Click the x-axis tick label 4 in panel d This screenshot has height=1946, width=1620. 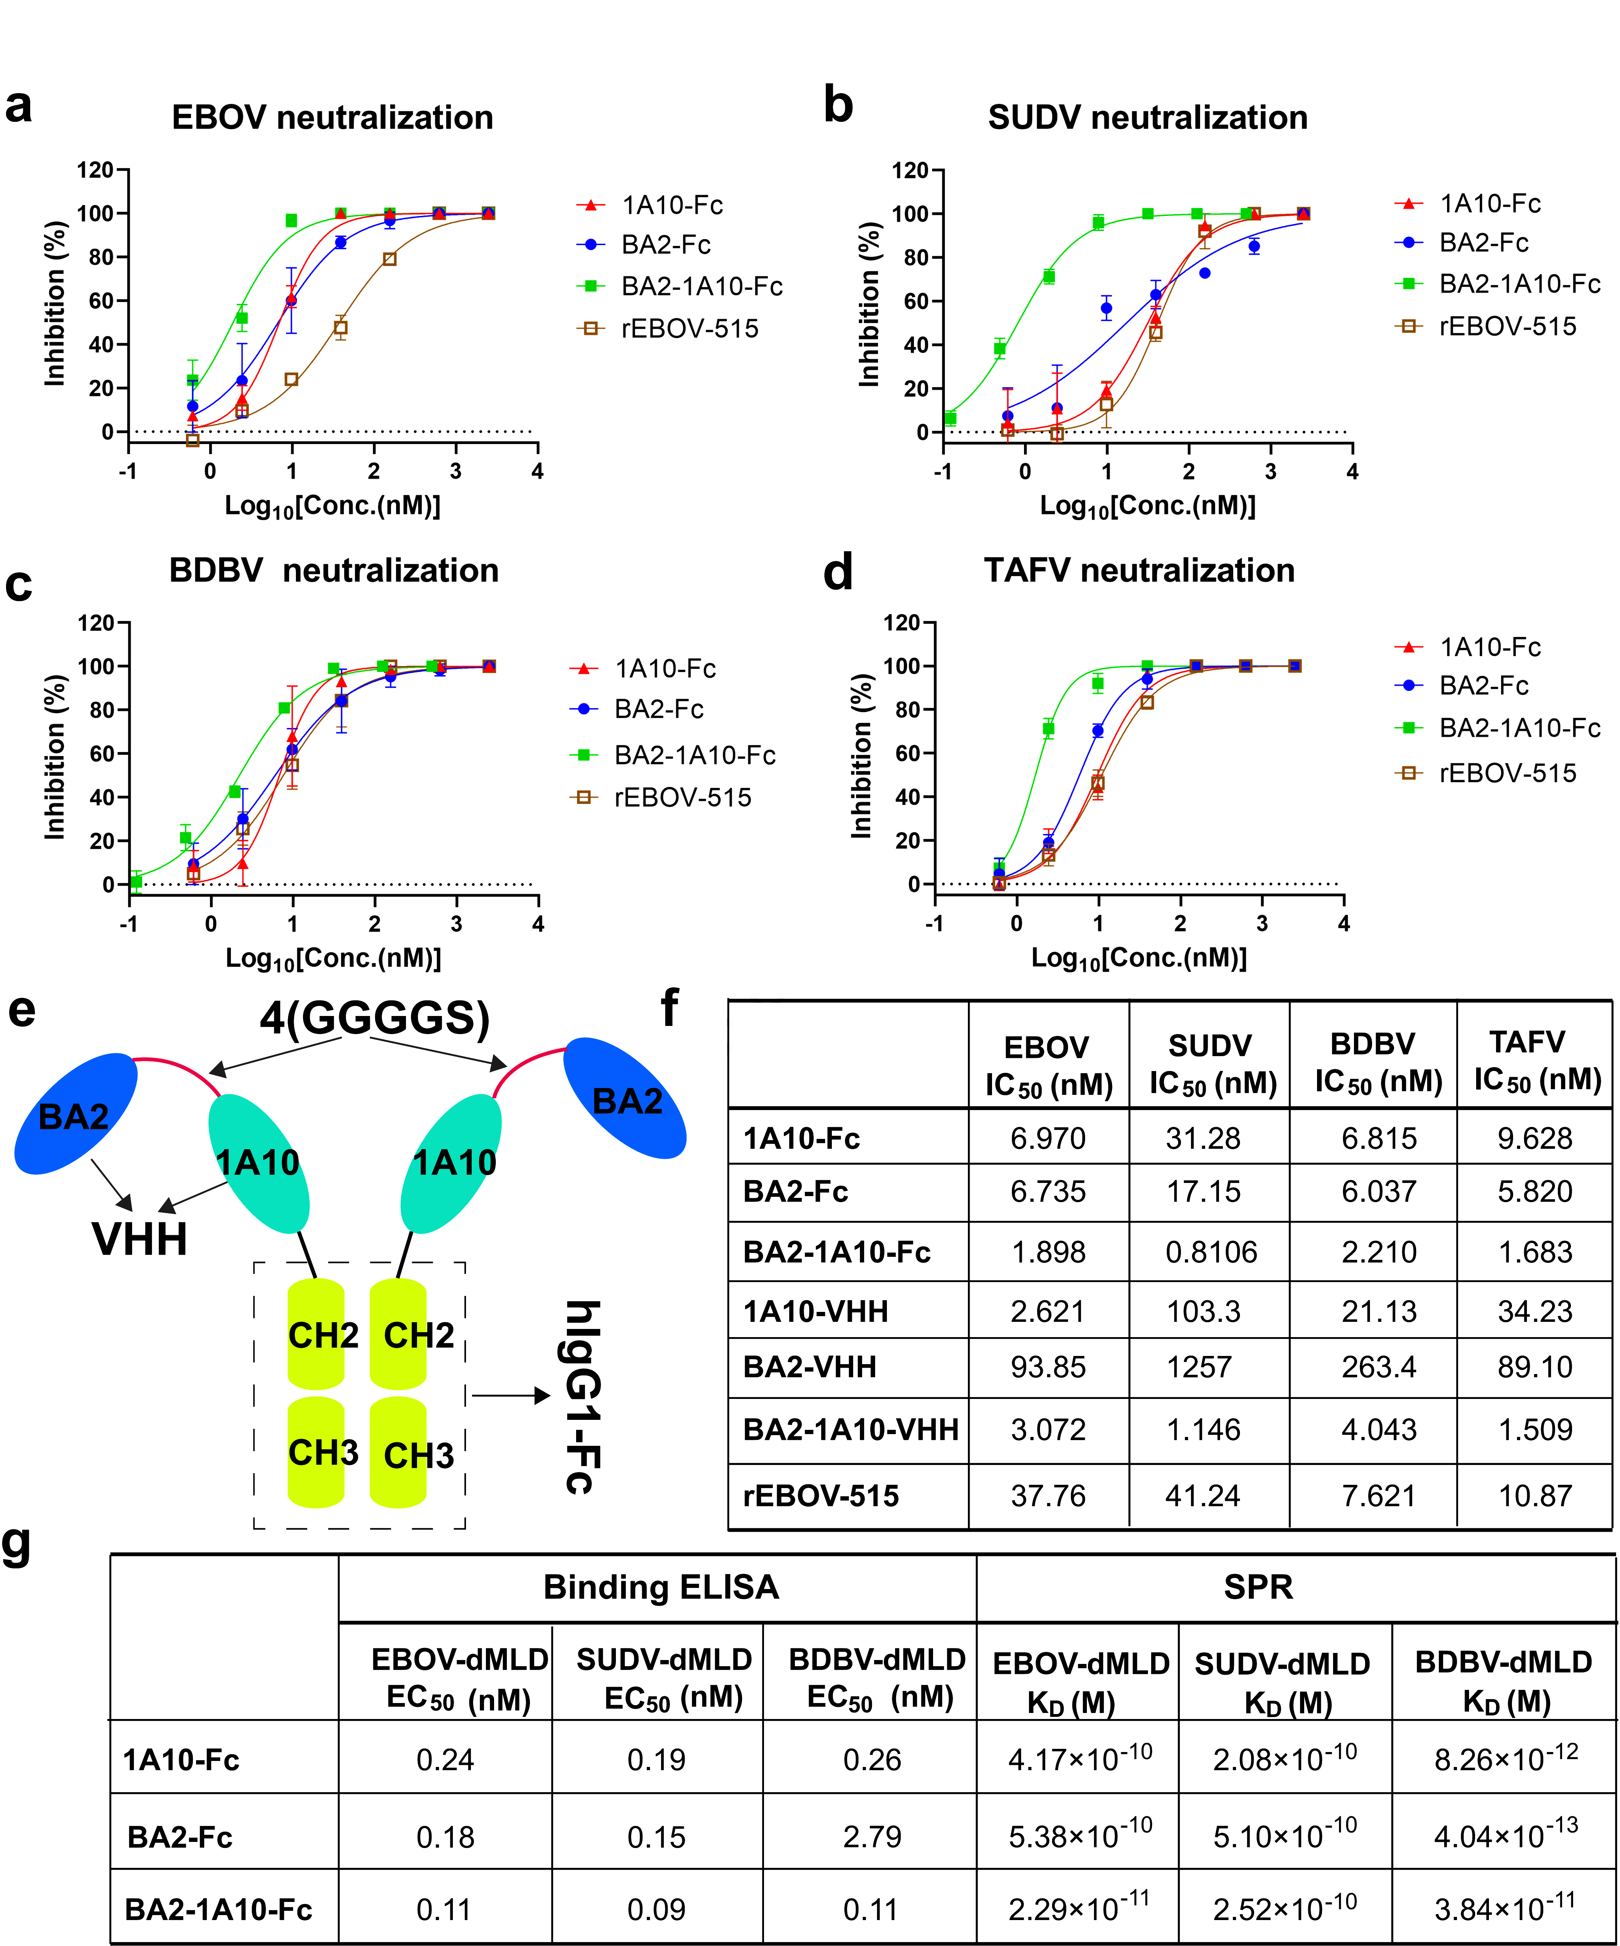1343,924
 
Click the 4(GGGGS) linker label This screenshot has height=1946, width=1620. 374,1018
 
